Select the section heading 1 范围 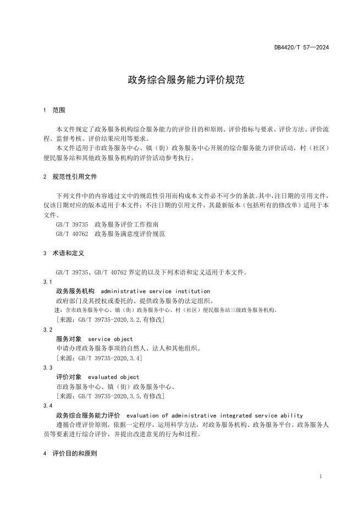(x=54, y=110)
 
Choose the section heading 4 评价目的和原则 (x=70, y=454)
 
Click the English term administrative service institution (x=156, y=291)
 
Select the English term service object (x=111, y=339)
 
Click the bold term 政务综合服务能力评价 (x=88, y=415)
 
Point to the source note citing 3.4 (x=100, y=358)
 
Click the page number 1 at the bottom (x=321, y=476)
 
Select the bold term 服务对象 (x=69, y=339)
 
